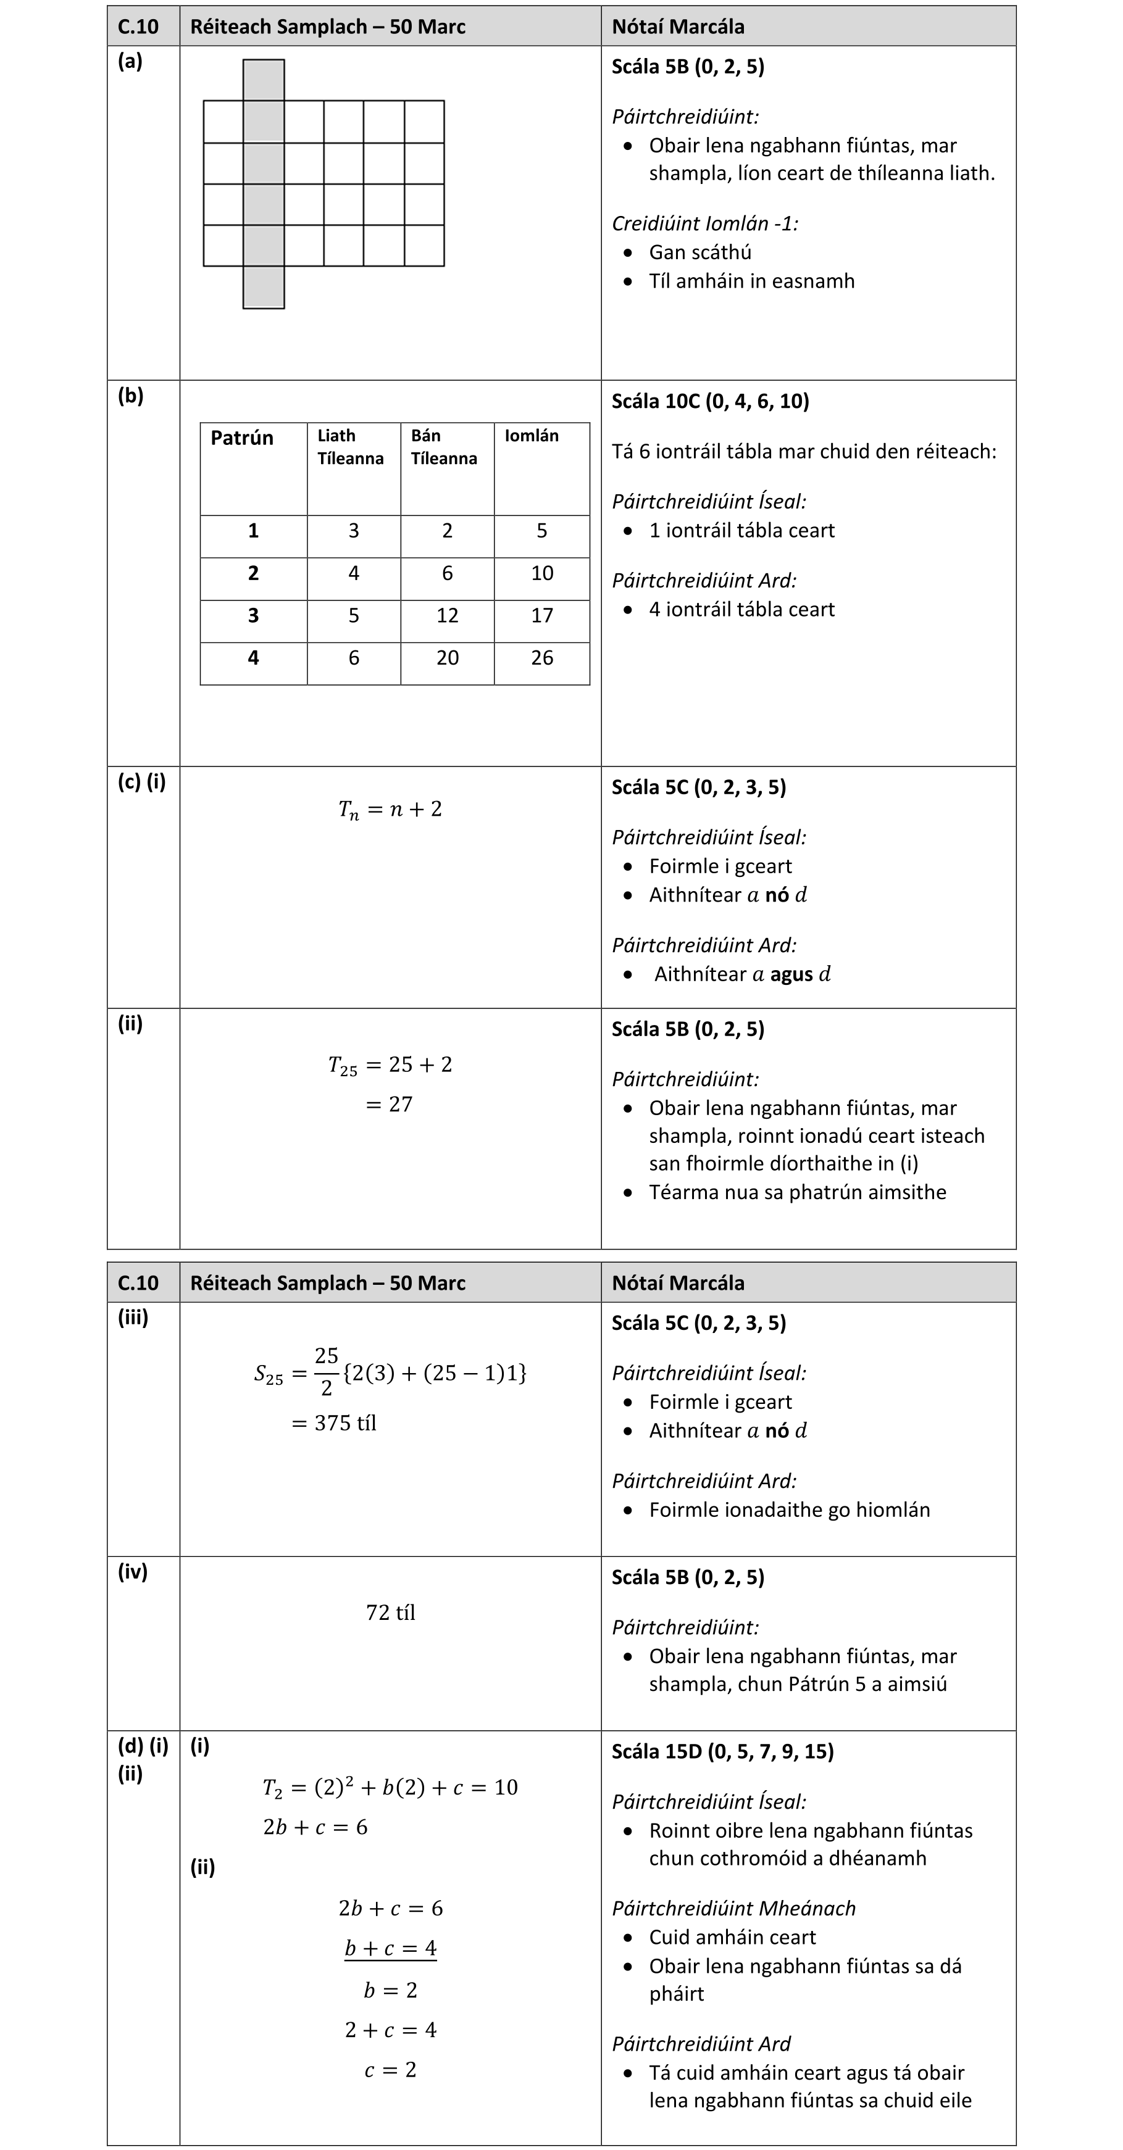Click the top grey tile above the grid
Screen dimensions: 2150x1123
tap(263, 80)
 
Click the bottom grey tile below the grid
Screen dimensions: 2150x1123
tap(263, 287)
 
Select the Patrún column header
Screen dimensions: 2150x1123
tap(242, 438)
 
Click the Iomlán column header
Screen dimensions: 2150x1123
tap(532, 436)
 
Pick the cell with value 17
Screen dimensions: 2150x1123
tap(542, 616)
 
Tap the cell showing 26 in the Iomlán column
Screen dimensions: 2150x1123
tap(542, 658)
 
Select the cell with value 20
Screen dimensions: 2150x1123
tap(448, 658)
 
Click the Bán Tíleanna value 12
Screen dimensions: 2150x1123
tap(448, 616)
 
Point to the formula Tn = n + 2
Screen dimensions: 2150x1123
tap(390, 810)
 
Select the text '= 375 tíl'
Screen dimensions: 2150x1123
tap(334, 1423)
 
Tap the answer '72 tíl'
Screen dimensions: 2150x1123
tap(390, 1612)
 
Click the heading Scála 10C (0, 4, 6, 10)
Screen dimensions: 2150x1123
tap(710, 402)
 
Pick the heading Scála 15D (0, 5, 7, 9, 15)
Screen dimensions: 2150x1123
tap(722, 1751)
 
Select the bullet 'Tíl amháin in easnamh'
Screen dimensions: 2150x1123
tap(751, 281)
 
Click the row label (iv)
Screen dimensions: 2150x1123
tap(133, 1572)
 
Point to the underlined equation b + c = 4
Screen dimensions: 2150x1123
tap(390, 1948)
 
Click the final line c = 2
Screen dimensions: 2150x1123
tap(390, 2070)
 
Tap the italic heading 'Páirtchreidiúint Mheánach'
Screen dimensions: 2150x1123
tap(733, 1909)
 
